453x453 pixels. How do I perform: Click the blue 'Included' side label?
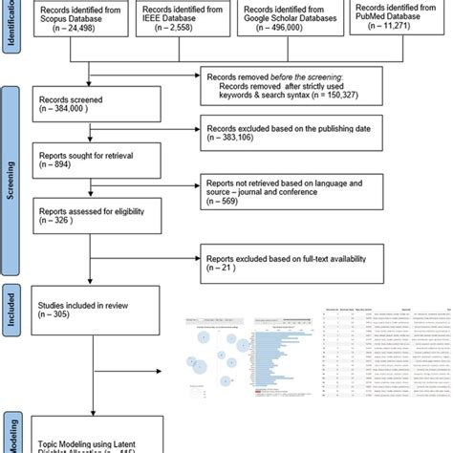(9, 311)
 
